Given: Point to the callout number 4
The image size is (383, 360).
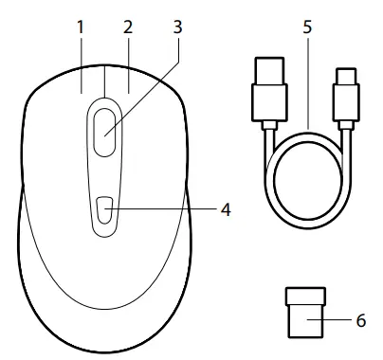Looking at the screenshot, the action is click(x=226, y=209).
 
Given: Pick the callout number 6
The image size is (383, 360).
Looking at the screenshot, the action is click(x=360, y=321).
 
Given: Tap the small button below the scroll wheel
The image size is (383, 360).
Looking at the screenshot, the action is click(x=104, y=209).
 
